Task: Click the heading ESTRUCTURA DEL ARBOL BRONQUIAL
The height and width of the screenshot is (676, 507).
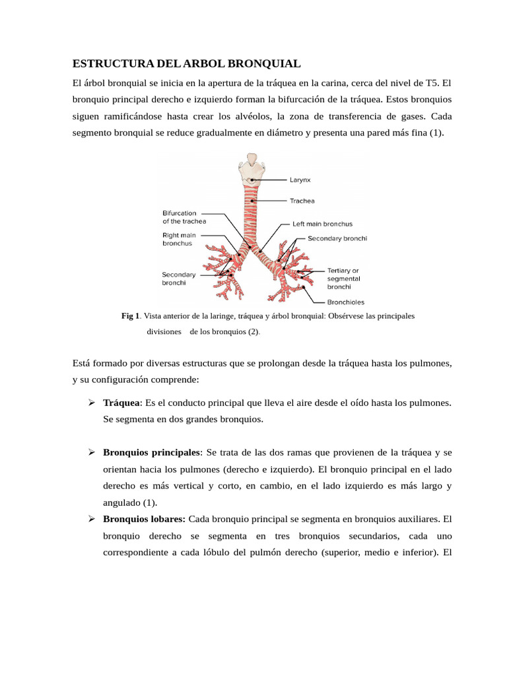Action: pos(186,63)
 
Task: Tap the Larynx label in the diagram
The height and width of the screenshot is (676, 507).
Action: pos(301,179)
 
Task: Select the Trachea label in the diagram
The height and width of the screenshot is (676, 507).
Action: pos(302,201)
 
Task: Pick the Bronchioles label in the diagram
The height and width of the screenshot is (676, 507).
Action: pos(346,302)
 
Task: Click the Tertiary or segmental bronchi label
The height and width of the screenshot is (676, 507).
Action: pos(343,279)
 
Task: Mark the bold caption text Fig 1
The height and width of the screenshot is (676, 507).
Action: pos(130,316)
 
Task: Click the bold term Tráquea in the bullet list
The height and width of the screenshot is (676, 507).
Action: pos(122,402)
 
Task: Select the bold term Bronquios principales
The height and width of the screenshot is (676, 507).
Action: pos(152,452)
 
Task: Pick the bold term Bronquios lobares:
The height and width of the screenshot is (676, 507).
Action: pos(145,518)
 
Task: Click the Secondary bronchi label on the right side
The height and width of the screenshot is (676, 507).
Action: pos(337,238)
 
